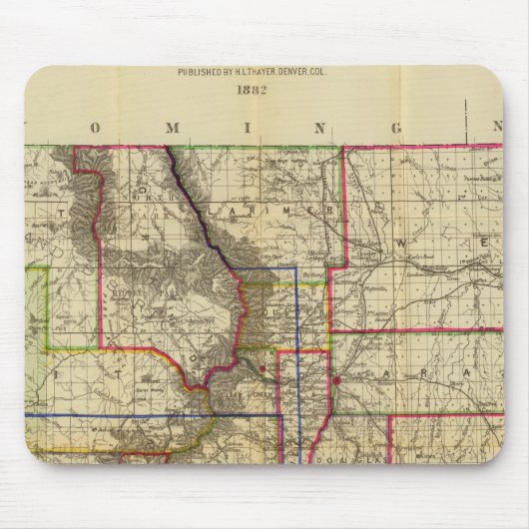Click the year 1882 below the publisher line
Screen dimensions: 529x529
(264, 87)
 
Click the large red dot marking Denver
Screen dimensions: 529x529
(337, 380)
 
